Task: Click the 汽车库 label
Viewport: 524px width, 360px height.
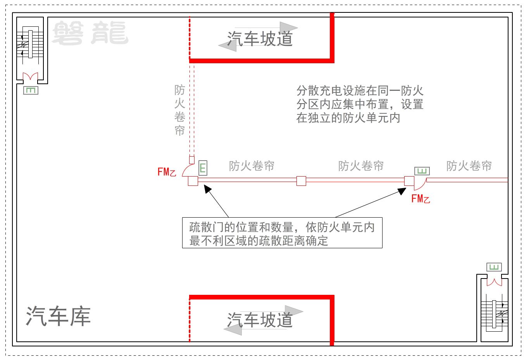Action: [58, 316]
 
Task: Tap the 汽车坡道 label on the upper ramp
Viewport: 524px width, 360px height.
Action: [260, 39]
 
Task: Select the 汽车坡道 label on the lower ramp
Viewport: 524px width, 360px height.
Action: [260, 320]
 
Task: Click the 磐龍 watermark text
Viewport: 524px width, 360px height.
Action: [90, 33]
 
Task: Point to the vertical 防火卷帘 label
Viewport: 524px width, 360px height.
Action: [180, 110]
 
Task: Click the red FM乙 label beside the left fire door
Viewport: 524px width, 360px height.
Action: [167, 172]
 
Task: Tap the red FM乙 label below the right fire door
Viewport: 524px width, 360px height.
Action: [421, 199]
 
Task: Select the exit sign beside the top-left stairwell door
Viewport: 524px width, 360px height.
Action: [31, 90]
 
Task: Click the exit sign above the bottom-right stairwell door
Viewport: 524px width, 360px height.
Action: [494, 267]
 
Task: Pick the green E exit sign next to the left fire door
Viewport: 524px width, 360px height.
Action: [203, 168]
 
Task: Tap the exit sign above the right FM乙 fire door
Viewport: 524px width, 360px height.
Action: [422, 171]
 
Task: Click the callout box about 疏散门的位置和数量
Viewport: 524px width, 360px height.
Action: [282, 233]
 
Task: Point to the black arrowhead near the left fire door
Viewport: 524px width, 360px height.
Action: [207, 189]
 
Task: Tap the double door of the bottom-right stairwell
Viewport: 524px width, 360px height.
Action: [494, 282]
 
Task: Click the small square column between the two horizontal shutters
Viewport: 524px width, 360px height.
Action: [301, 181]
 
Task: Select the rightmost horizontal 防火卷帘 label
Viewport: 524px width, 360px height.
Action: [469, 166]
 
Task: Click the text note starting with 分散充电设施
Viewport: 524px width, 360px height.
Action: [360, 104]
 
